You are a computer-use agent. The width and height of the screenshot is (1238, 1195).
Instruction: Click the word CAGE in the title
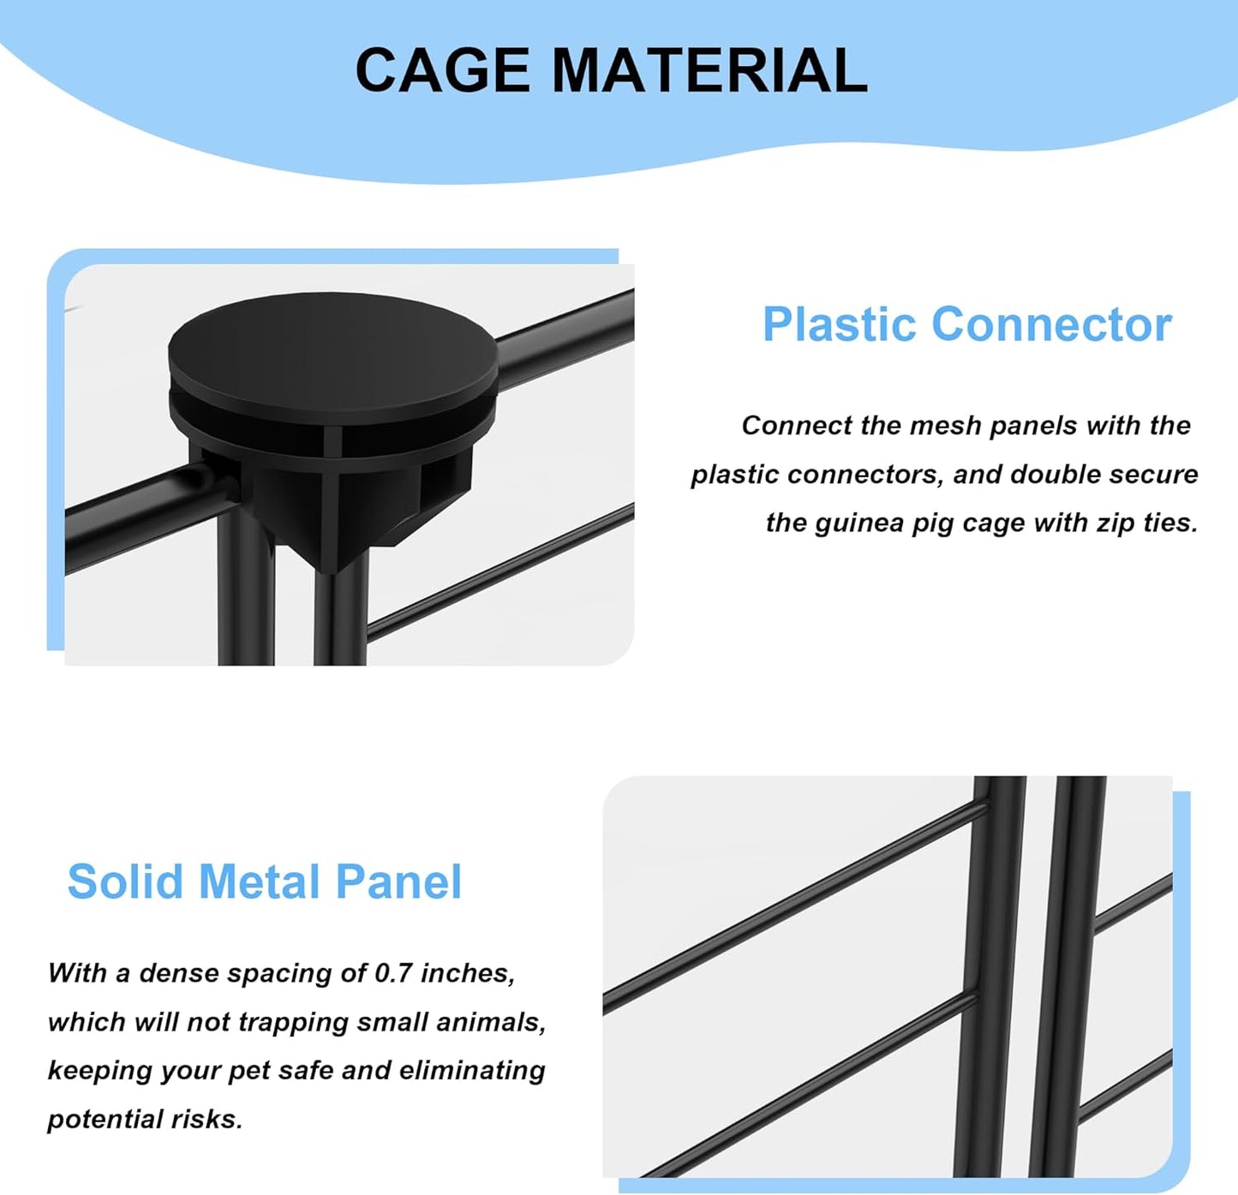[442, 70]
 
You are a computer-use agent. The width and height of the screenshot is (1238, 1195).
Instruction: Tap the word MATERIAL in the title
[709, 70]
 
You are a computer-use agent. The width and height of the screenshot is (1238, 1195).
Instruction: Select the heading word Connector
[1051, 325]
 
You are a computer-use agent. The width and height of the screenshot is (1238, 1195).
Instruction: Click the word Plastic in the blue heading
[839, 325]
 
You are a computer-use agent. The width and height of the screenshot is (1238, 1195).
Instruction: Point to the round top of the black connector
[332, 342]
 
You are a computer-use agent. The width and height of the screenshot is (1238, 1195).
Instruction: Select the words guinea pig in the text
[877, 523]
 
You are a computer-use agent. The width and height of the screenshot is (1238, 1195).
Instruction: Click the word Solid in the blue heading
[125, 881]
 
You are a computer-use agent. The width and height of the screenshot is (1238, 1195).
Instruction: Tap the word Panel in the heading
[398, 881]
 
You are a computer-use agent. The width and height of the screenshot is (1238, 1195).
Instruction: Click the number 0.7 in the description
[393, 973]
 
